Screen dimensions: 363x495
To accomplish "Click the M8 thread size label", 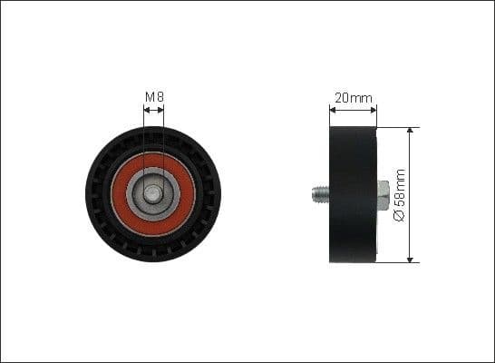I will [x=153, y=96].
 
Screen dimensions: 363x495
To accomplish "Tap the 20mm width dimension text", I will [x=353, y=96].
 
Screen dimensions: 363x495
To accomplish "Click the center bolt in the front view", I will [x=153, y=193].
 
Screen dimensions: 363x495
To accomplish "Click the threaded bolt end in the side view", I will [x=318, y=193].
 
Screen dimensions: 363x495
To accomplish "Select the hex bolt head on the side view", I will [x=383, y=193].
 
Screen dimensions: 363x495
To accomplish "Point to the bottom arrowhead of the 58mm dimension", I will [x=411, y=260].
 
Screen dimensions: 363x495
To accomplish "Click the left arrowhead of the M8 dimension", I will [x=146, y=111].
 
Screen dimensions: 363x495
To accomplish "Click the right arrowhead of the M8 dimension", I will [x=161, y=111].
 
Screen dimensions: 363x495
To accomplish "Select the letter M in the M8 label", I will [x=150, y=96].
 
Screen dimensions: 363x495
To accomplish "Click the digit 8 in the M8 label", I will [x=159, y=96].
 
